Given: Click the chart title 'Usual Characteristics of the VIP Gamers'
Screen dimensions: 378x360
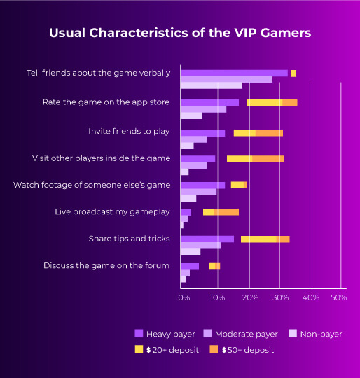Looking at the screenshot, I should click(x=180, y=34).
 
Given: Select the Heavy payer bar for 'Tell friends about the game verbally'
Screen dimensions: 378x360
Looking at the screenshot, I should click(x=234, y=73).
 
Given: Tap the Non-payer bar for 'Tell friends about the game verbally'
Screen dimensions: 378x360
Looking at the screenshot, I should click(x=212, y=85).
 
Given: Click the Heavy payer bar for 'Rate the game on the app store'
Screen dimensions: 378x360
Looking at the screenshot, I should click(x=209, y=102).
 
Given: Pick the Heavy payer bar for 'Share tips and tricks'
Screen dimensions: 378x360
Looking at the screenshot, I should click(x=207, y=239).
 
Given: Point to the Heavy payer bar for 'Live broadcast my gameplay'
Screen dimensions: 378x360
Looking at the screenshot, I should click(x=186, y=212).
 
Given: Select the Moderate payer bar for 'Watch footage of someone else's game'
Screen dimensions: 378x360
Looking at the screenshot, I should click(x=198, y=191).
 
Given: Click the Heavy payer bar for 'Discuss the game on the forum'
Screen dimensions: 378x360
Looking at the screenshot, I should click(x=190, y=266).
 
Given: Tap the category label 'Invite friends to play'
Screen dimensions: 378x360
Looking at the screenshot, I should click(x=129, y=131).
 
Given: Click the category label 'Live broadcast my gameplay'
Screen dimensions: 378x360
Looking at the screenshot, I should click(x=112, y=212).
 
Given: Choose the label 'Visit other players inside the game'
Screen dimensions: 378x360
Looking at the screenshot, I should click(x=101, y=158).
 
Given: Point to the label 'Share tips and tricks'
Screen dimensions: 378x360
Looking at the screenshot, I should click(x=129, y=239).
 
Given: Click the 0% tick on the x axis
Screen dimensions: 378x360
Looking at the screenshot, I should click(x=184, y=297).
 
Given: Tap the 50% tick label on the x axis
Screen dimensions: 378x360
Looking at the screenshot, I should click(x=338, y=297).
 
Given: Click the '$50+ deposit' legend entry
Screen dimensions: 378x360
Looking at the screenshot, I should click(x=242, y=349).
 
